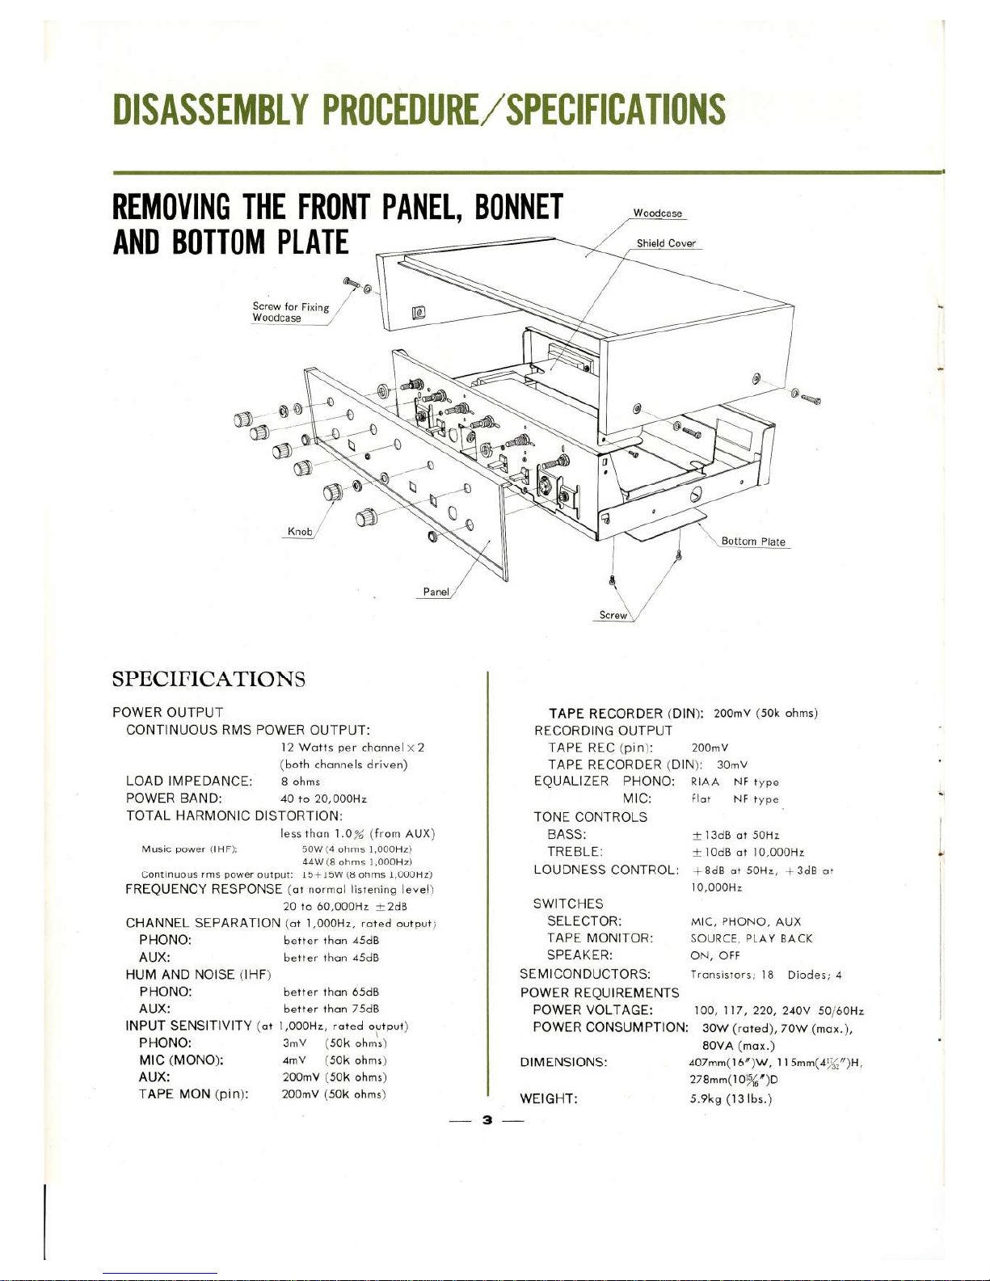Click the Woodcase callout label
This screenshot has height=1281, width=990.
pyautogui.click(x=657, y=213)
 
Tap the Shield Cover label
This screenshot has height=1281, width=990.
pyautogui.click(x=665, y=243)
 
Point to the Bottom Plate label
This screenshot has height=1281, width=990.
pyautogui.click(x=752, y=541)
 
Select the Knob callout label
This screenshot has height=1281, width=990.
pyautogui.click(x=300, y=531)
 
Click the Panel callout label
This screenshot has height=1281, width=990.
pyautogui.click(x=436, y=592)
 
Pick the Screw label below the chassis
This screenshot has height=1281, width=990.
pyautogui.click(x=613, y=615)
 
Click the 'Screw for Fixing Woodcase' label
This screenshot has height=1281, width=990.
pyautogui.click(x=290, y=312)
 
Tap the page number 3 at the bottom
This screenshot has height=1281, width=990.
pyautogui.click(x=487, y=1120)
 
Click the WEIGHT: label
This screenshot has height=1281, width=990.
pyautogui.click(x=549, y=1098)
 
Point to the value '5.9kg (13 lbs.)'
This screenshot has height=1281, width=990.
pyautogui.click(x=731, y=1098)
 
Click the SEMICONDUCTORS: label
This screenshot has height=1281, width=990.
pyautogui.click(x=585, y=975)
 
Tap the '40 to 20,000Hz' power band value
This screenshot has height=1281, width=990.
pyautogui.click(x=323, y=799)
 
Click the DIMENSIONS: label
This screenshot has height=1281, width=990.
pyautogui.click(x=564, y=1062)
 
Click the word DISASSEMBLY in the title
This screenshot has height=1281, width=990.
pyautogui.click(x=211, y=110)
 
